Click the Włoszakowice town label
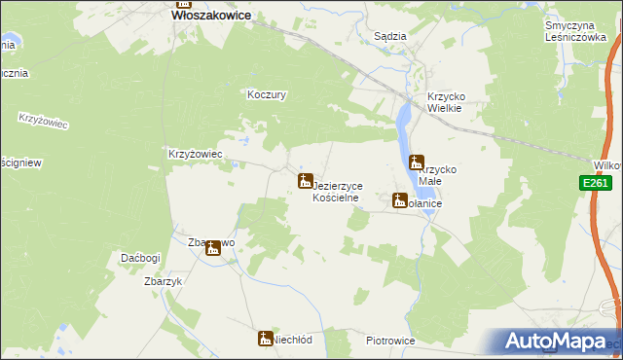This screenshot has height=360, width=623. click(x=211, y=16)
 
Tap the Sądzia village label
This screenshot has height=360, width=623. click(x=390, y=36)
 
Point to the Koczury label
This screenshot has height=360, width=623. click(x=266, y=95)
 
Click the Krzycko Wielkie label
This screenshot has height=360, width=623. click(x=450, y=102)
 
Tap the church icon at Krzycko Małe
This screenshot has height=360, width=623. click(x=418, y=162)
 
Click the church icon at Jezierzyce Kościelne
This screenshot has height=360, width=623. click(x=305, y=181)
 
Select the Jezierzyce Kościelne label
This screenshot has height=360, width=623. click(x=337, y=190)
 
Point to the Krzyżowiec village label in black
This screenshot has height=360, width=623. click(x=197, y=154)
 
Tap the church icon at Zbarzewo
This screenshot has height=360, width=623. click(x=212, y=249)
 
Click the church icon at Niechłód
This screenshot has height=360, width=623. click(x=265, y=339)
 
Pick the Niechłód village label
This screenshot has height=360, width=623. click(x=292, y=341)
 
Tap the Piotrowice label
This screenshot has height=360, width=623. click(x=391, y=342)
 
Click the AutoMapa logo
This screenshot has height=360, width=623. click(x=563, y=342)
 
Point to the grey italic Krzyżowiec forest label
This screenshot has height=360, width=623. click(x=39, y=124)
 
